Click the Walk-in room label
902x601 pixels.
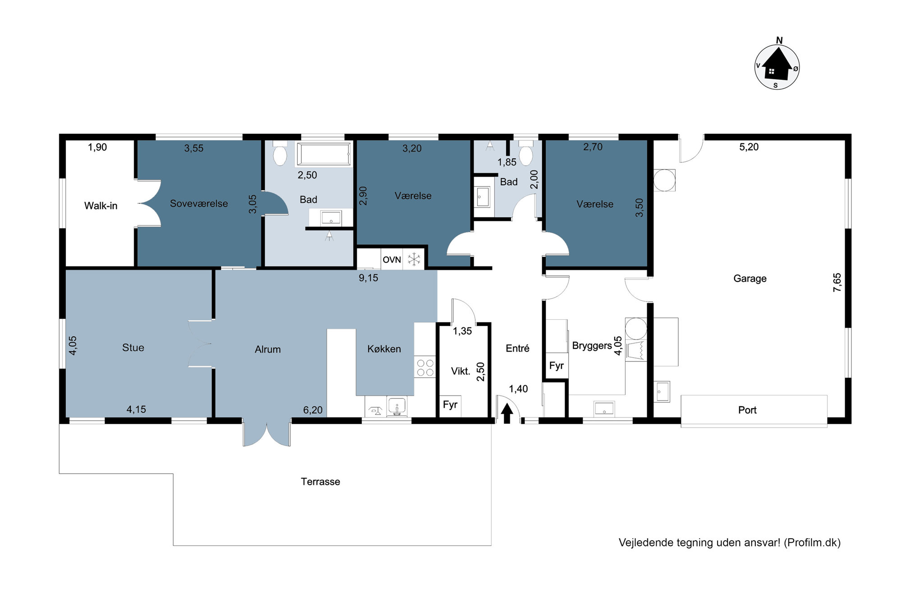click(x=101, y=206)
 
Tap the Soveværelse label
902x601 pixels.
click(x=199, y=204)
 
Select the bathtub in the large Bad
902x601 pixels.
click(x=324, y=154)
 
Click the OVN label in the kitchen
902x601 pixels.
click(x=391, y=260)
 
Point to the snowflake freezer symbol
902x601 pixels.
click(x=414, y=259)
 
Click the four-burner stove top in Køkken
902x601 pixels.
click(x=425, y=367)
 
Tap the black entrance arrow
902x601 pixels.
click(x=507, y=413)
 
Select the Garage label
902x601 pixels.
click(x=750, y=279)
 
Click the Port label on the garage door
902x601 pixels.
click(x=747, y=410)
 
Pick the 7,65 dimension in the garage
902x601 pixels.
click(x=837, y=283)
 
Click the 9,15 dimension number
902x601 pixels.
click(x=368, y=278)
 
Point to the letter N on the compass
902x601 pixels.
click(x=779, y=41)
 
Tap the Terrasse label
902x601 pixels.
click(x=321, y=482)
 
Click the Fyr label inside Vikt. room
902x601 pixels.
click(x=450, y=404)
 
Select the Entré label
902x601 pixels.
click(x=517, y=348)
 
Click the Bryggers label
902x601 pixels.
click(x=592, y=346)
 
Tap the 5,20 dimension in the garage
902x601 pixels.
click(x=749, y=147)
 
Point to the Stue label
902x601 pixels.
click(x=133, y=348)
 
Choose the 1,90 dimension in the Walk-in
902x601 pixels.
click(x=97, y=147)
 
